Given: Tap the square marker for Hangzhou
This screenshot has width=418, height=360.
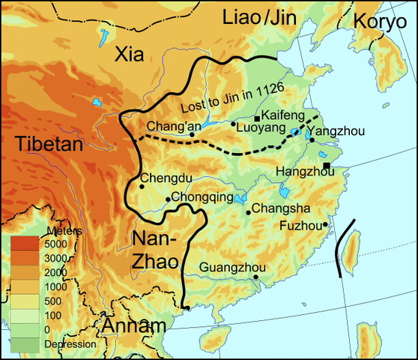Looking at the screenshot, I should click(x=327, y=166).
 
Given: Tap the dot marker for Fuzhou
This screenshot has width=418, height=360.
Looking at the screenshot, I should click(x=326, y=224).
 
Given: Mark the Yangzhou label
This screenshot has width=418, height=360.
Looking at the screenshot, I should click(x=336, y=131).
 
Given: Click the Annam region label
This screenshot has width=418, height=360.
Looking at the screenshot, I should click(x=133, y=327).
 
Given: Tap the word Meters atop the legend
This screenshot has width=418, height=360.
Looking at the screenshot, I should click(x=60, y=229).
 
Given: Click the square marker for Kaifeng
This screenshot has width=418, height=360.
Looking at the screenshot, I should click(x=257, y=118).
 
